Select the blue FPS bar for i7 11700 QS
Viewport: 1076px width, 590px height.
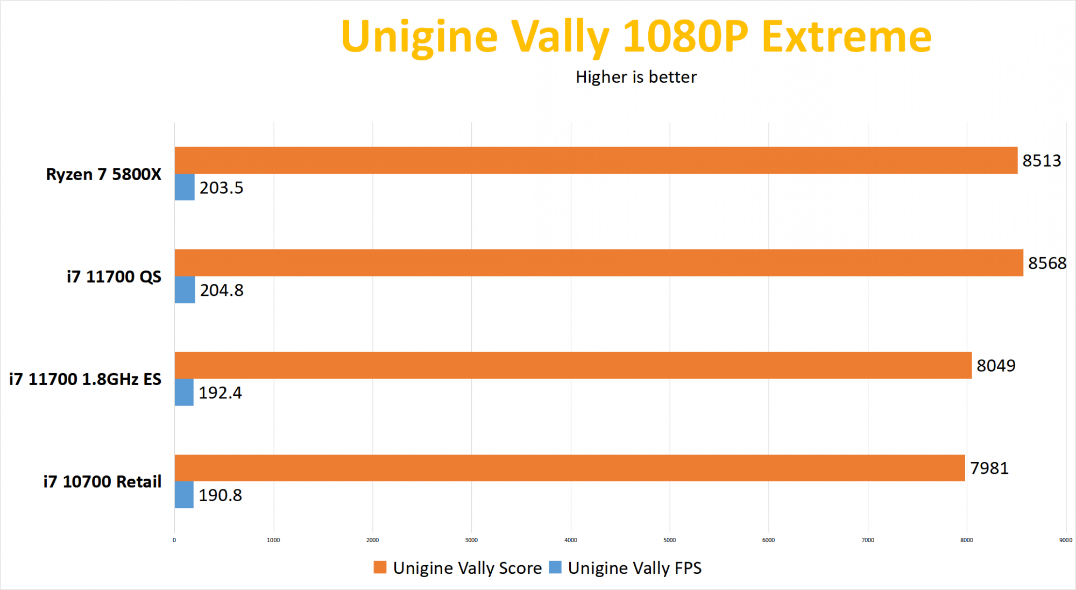[x=185, y=290]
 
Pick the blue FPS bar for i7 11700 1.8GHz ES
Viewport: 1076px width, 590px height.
[x=184, y=392]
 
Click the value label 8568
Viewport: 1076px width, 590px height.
[x=1047, y=263]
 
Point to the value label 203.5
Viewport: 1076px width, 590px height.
[x=221, y=188]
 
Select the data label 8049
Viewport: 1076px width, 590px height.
[x=996, y=366]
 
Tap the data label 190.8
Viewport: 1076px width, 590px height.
[x=220, y=495]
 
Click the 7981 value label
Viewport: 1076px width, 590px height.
[x=989, y=468]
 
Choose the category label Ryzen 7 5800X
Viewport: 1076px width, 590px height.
[x=103, y=174]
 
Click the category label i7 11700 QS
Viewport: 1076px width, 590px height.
[x=114, y=276]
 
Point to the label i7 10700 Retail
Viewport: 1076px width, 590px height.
[x=102, y=481]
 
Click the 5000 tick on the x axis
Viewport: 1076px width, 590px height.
[x=669, y=540]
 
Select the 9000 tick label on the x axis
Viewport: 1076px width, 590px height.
[x=1065, y=540]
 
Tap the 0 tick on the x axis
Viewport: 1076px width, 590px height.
[x=174, y=540]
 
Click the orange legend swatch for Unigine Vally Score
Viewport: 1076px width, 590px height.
[x=380, y=567]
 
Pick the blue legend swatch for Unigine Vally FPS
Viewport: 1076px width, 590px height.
[x=555, y=567]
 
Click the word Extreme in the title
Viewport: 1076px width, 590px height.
[x=846, y=37]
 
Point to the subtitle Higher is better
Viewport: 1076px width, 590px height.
[x=636, y=77]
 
